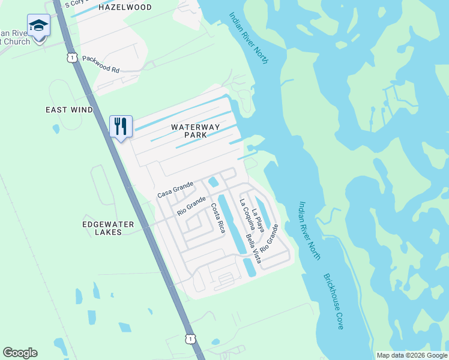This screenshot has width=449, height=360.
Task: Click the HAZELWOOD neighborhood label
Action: coord(125,7)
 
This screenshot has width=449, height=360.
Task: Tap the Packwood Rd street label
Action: coord(101,64)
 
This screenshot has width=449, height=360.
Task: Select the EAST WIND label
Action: coord(70,110)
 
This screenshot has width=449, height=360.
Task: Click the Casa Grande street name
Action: coord(175,190)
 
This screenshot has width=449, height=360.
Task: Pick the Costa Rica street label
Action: coord(217,218)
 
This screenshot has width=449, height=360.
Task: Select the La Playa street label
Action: coord(258,220)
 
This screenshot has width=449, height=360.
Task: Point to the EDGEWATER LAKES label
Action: coord(109,228)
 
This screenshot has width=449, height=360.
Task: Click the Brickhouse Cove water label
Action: coord(333,301)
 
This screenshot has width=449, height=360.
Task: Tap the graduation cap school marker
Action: coord(39,26)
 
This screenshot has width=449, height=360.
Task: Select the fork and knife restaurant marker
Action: coord(121,126)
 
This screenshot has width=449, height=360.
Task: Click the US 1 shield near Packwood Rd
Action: coord(72,57)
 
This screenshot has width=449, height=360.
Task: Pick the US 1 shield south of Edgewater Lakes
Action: coord(190,339)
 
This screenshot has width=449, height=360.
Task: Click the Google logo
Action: coord(20,353)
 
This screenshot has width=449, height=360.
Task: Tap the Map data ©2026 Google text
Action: coord(411,355)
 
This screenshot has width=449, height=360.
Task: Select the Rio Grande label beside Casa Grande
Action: coord(191,207)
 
